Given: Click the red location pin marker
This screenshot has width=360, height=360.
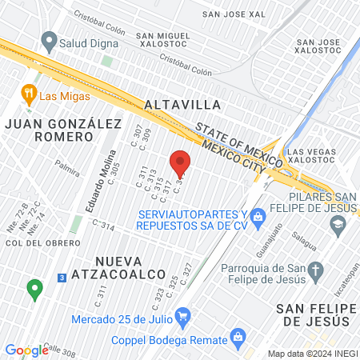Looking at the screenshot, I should pos(181,163).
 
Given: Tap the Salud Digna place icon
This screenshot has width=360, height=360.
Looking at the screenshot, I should pos(49,40).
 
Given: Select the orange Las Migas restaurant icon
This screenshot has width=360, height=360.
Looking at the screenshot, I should pos(30,94).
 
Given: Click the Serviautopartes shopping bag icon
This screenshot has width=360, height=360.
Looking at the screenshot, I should pos(258,216).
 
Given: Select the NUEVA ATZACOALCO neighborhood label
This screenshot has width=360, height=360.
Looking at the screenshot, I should pos(129,270).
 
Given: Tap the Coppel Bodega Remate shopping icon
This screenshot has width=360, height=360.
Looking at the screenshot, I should pos(235,336).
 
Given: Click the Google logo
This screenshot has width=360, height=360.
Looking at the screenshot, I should pos(26,350).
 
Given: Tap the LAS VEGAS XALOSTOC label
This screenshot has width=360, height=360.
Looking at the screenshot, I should pos(317,157).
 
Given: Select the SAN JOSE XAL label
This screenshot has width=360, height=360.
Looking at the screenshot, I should pos(234,14).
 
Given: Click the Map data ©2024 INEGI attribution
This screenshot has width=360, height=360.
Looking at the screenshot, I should pos(312,353).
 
